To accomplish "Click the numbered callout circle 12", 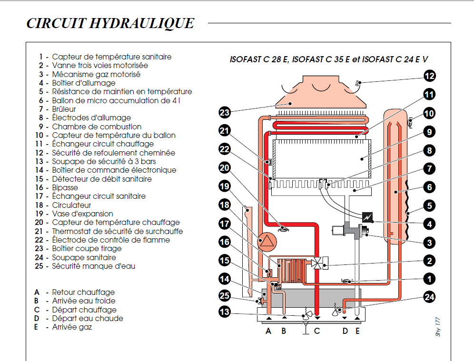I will [x=430, y=76].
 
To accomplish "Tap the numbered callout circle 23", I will [x=225, y=113].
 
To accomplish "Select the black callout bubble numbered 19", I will [x=225, y=186].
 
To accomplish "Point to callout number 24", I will [x=430, y=298].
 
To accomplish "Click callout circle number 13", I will [x=225, y=312].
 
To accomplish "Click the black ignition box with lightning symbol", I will [x=367, y=217].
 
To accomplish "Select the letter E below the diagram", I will [x=357, y=331].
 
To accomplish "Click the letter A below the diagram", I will [x=268, y=331].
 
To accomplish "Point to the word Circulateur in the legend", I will [x=71, y=205].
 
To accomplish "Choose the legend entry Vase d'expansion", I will [x=82, y=214].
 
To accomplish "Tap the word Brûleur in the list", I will [x=64, y=109].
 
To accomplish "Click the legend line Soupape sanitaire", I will [x=84, y=257].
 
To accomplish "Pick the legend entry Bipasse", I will [x=65, y=187].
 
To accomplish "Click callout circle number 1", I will [x=430, y=279].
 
